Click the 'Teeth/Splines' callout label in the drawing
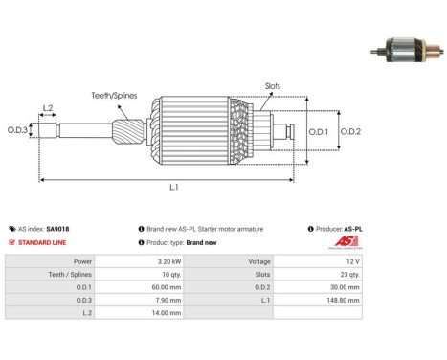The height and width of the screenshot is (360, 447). [x=114, y=96]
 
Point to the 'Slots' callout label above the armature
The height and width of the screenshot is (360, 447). [x=273, y=86]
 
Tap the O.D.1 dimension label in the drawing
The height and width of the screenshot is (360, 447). [x=319, y=131]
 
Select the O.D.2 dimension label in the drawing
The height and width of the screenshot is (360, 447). [x=350, y=131]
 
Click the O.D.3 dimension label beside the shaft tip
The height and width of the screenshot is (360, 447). [x=17, y=130]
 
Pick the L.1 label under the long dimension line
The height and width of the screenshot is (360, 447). [x=174, y=187]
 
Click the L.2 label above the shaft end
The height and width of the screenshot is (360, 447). [x=48, y=108]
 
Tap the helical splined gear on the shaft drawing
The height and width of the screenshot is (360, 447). [x=128, y=130]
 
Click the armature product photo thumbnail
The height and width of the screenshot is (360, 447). [x=407, y=50]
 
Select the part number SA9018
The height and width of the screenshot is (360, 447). [x=57, y=229]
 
